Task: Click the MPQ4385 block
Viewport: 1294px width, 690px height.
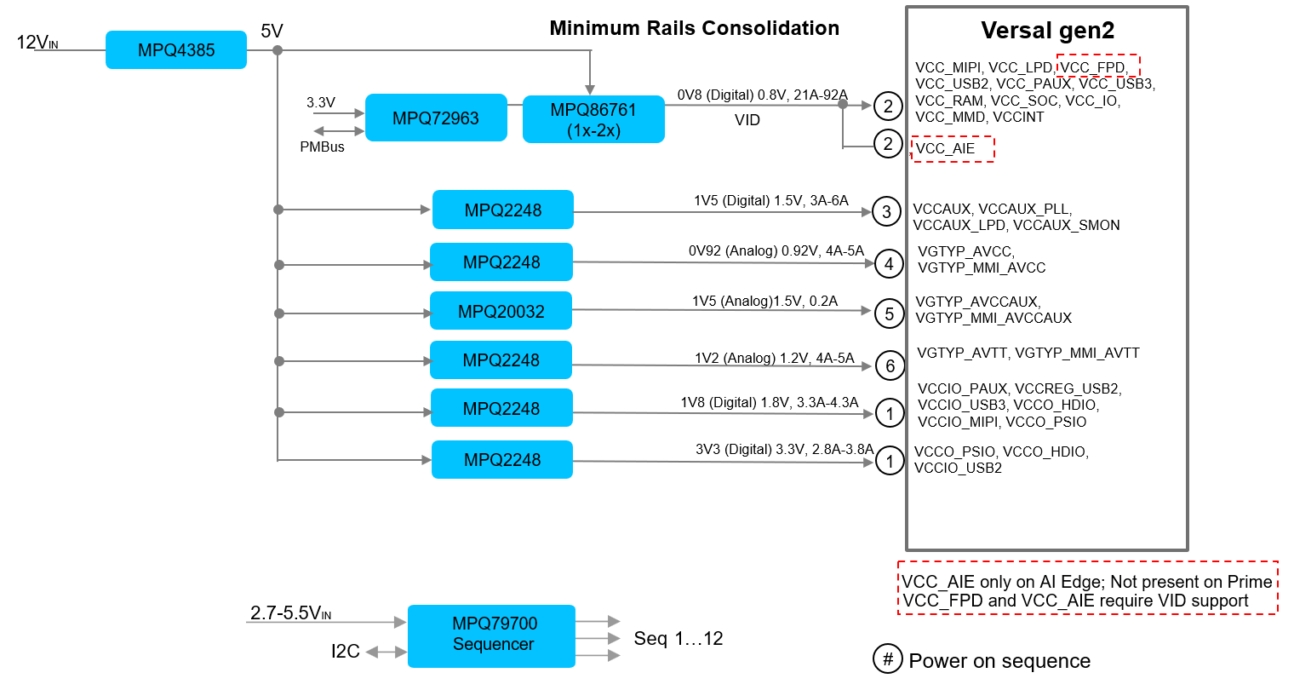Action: (176, 50)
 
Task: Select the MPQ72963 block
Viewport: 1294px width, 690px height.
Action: (436, 118)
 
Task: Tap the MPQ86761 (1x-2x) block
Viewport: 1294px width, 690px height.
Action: (593, 119)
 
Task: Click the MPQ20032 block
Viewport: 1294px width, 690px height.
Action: (501, 311)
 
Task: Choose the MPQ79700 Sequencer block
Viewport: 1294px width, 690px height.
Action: (492, 635)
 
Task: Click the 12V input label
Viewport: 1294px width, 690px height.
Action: (37, 42)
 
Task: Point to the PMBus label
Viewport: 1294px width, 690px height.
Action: (322, 147)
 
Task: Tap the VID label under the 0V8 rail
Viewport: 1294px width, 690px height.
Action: (747, 120)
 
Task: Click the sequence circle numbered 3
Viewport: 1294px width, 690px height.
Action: (886, 212)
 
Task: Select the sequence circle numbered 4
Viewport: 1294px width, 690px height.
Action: (889, 264)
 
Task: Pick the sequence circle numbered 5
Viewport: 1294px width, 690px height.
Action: (889, 313)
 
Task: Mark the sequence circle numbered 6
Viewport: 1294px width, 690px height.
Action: (890, 366)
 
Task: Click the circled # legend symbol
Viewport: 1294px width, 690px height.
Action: (887, 658)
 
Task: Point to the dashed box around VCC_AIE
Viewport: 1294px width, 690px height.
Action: (953, 149)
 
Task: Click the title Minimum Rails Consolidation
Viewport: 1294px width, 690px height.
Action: (694, 28)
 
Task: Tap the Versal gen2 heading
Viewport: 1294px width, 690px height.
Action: (1047, 31)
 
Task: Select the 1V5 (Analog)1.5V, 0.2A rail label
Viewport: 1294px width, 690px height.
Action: (764, 301)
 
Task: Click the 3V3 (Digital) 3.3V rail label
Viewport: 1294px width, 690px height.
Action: (784, 449)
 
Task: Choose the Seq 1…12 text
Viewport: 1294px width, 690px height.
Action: (678, 639)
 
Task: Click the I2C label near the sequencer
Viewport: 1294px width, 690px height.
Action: (345, 652)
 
